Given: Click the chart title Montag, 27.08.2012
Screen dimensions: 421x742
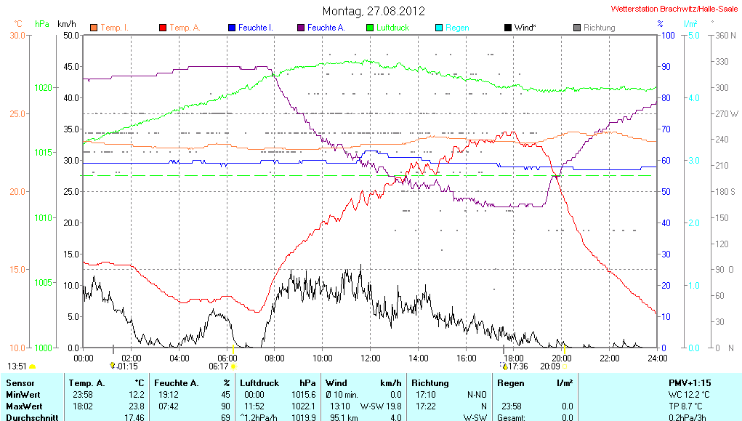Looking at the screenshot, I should point(374,11).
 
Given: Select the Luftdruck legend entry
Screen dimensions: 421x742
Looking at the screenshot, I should point(392,28).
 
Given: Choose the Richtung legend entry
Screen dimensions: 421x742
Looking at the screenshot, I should point(599,28).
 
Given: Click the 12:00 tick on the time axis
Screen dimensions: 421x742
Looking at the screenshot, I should point(370,358).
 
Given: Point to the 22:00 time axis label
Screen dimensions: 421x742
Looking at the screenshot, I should point(609,358).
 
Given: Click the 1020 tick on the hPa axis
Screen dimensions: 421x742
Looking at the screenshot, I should point(43,87).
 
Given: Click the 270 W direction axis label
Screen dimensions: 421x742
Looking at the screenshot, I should point(727,113).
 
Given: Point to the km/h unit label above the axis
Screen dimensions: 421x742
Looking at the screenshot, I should point(66,23).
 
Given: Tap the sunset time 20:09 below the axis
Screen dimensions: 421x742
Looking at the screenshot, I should point(549,366).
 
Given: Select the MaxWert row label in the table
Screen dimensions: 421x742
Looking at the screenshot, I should point(25,405).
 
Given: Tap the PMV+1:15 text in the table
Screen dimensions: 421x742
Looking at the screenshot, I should point(690,382).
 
